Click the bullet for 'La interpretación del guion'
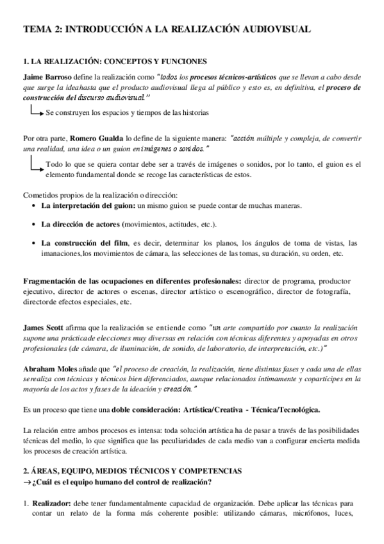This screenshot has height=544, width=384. coord(33,206)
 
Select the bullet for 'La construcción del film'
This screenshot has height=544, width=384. coord(33,244)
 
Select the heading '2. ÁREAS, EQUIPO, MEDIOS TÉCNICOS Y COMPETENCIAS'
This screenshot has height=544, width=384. coord(132,471)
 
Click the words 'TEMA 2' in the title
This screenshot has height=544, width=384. coord(42,30)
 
